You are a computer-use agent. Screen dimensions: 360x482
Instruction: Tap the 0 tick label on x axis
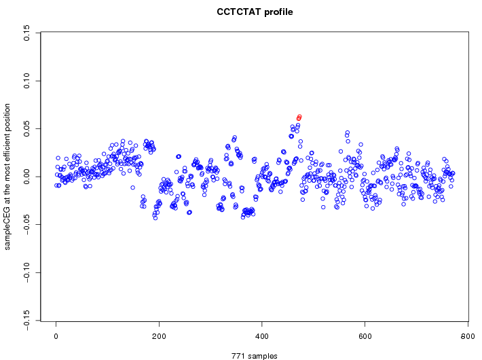pyautogui.click(x=56, y=336)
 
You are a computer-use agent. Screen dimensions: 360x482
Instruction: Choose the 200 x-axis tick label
pyautogui.click(x=159, y=336)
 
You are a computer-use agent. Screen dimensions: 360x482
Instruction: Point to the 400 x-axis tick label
pyautogui.click(x=262, y=336)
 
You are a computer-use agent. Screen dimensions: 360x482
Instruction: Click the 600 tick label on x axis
pyautogui.click(x=365, y=336)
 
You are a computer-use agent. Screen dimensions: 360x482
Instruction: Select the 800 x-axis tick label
pyautogui.click(x=468, y=336)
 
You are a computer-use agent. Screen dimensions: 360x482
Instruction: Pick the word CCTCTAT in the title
pyautogui.click(x=238, y=12)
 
